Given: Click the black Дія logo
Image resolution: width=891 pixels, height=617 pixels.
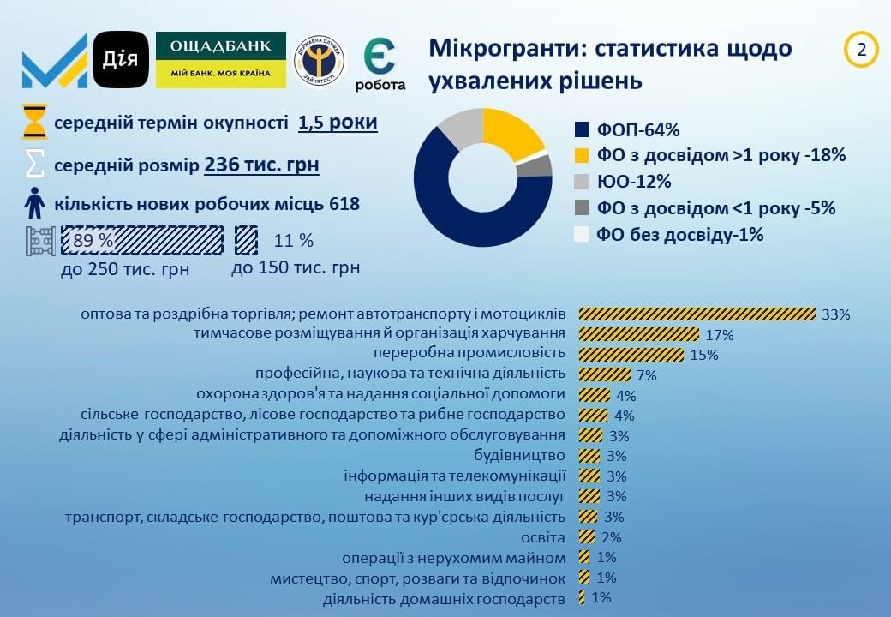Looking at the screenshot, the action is tap(121, 60).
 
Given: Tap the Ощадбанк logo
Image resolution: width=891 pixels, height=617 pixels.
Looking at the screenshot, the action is tap(221, 60).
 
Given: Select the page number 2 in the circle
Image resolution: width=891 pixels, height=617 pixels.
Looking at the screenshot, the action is tap(862, 50).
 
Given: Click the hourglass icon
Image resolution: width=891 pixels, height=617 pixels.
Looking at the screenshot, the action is tap(34, 122).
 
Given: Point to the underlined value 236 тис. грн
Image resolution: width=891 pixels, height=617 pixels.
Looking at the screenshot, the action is tap(261, 165).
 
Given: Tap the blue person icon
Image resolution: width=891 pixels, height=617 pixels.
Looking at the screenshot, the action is tap(34, 203).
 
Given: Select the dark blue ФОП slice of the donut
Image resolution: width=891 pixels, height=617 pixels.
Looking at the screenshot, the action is tap(455, 210).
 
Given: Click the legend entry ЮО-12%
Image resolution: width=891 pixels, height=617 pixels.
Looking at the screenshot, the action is tap(624, 181).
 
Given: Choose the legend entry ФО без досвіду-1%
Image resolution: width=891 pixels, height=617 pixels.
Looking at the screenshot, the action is tap(669, 234).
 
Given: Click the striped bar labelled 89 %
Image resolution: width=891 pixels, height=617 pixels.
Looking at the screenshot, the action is tap(142, 240).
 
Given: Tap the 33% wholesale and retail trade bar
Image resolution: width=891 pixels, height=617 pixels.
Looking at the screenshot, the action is tap(697, 314).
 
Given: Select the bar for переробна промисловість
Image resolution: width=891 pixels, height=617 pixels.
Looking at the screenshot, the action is tap(631, 355).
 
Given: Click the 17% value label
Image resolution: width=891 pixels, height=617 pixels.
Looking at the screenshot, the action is tap(720, 335).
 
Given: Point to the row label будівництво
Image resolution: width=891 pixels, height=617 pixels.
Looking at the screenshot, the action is tap(519, 456).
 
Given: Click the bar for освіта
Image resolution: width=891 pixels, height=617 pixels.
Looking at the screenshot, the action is tap(587, 537).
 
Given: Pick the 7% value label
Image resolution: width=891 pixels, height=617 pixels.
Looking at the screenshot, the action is tap(647, 375).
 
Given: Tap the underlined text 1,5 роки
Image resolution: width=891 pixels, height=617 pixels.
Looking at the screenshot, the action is tap(338, 123).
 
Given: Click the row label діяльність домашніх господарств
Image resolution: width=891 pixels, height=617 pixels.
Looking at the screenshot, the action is tap(445, 599).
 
